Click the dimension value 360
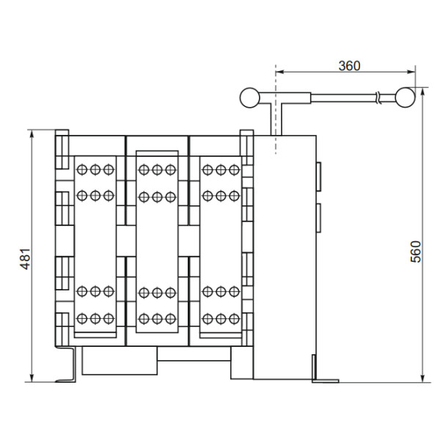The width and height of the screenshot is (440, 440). [349, 65]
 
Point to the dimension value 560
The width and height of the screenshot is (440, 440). [417, 252]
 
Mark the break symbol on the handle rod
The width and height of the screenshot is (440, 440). [377, 96]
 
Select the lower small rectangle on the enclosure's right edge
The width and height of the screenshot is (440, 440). [318, 218]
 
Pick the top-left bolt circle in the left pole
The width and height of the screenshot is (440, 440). [82, 169]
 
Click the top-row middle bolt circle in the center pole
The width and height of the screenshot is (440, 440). [157, 169]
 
